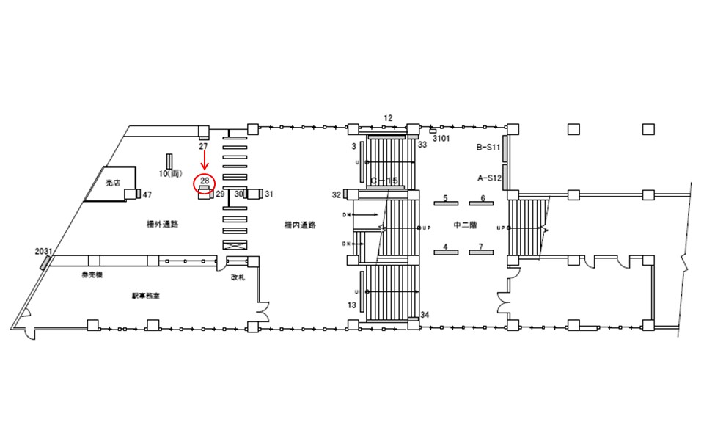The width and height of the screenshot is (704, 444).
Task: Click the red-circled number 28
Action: pyautogui.click(x=205, y=181)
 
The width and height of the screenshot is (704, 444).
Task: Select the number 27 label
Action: pyautogui.click(x=204, y=147)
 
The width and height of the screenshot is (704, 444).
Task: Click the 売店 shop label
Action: pyautogui.click(x=112, y=183)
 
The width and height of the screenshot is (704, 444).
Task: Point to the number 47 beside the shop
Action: pyautogui.click(x=147, y=194)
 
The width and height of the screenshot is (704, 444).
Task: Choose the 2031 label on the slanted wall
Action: pyautogui.click(x=43, y=251)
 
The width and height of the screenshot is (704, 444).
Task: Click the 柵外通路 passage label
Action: pyautogui.click(x=164, y=225)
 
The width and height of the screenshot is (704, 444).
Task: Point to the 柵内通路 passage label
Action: pyautogui.click(x=300, y=225)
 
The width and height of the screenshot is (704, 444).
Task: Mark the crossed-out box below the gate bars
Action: pyautogui.click(x=235, y=245)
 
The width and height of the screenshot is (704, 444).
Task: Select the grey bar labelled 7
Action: pyautogui.click(x=481, y=252)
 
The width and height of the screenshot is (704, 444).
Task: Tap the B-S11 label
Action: pyautogui.click(x=488, y=148)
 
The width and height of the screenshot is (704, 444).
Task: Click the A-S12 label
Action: pyautogui.click(x=488, y=177)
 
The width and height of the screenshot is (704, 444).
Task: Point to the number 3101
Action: pyautogui.click(x=441, y=138)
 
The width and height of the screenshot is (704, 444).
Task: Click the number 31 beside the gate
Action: pyautogui.click(x=269, y=194)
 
